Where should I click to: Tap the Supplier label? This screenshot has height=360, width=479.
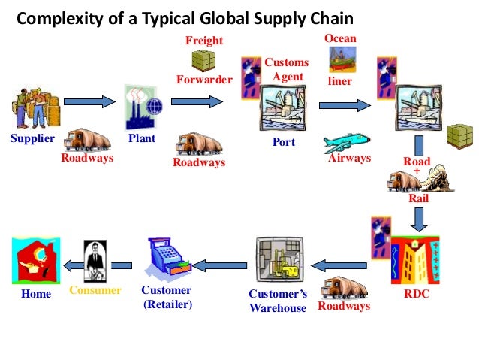(x=32, y=139)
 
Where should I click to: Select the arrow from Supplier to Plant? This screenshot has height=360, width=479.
(x=88, y=100)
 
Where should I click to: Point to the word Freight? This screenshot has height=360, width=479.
(x=205, y=39)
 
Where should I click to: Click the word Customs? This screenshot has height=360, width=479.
(x=286, y=62)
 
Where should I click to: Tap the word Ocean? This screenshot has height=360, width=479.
(x=340, y=38)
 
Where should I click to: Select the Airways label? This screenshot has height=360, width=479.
(x=350, y=158)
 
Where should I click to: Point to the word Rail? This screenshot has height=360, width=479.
(x=418, y=198)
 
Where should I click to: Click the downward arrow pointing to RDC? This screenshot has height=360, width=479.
(x=420, y=218)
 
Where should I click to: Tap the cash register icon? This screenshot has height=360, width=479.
(x=167, y=258)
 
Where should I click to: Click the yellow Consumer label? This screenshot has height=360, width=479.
(x=95, y=290)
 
